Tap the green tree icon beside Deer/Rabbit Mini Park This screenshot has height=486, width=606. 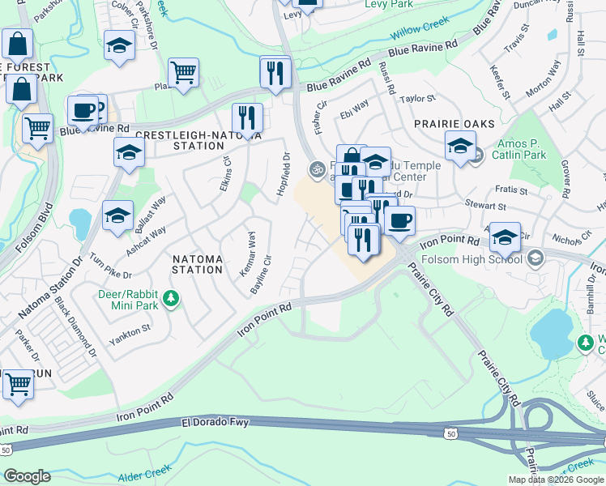(x=170, y=300)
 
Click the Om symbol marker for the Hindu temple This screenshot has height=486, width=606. (x=317, y=168)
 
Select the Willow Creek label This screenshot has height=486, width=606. (x=420, y=34)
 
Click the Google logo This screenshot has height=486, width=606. (x=28, y=475)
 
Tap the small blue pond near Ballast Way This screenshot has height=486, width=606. (x=80, y=220)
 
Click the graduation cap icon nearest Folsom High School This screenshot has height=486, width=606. (x=505, y=237)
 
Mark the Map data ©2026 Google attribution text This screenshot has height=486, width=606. (x=556, y=480)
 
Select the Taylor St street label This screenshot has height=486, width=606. (x=418, y=98)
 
